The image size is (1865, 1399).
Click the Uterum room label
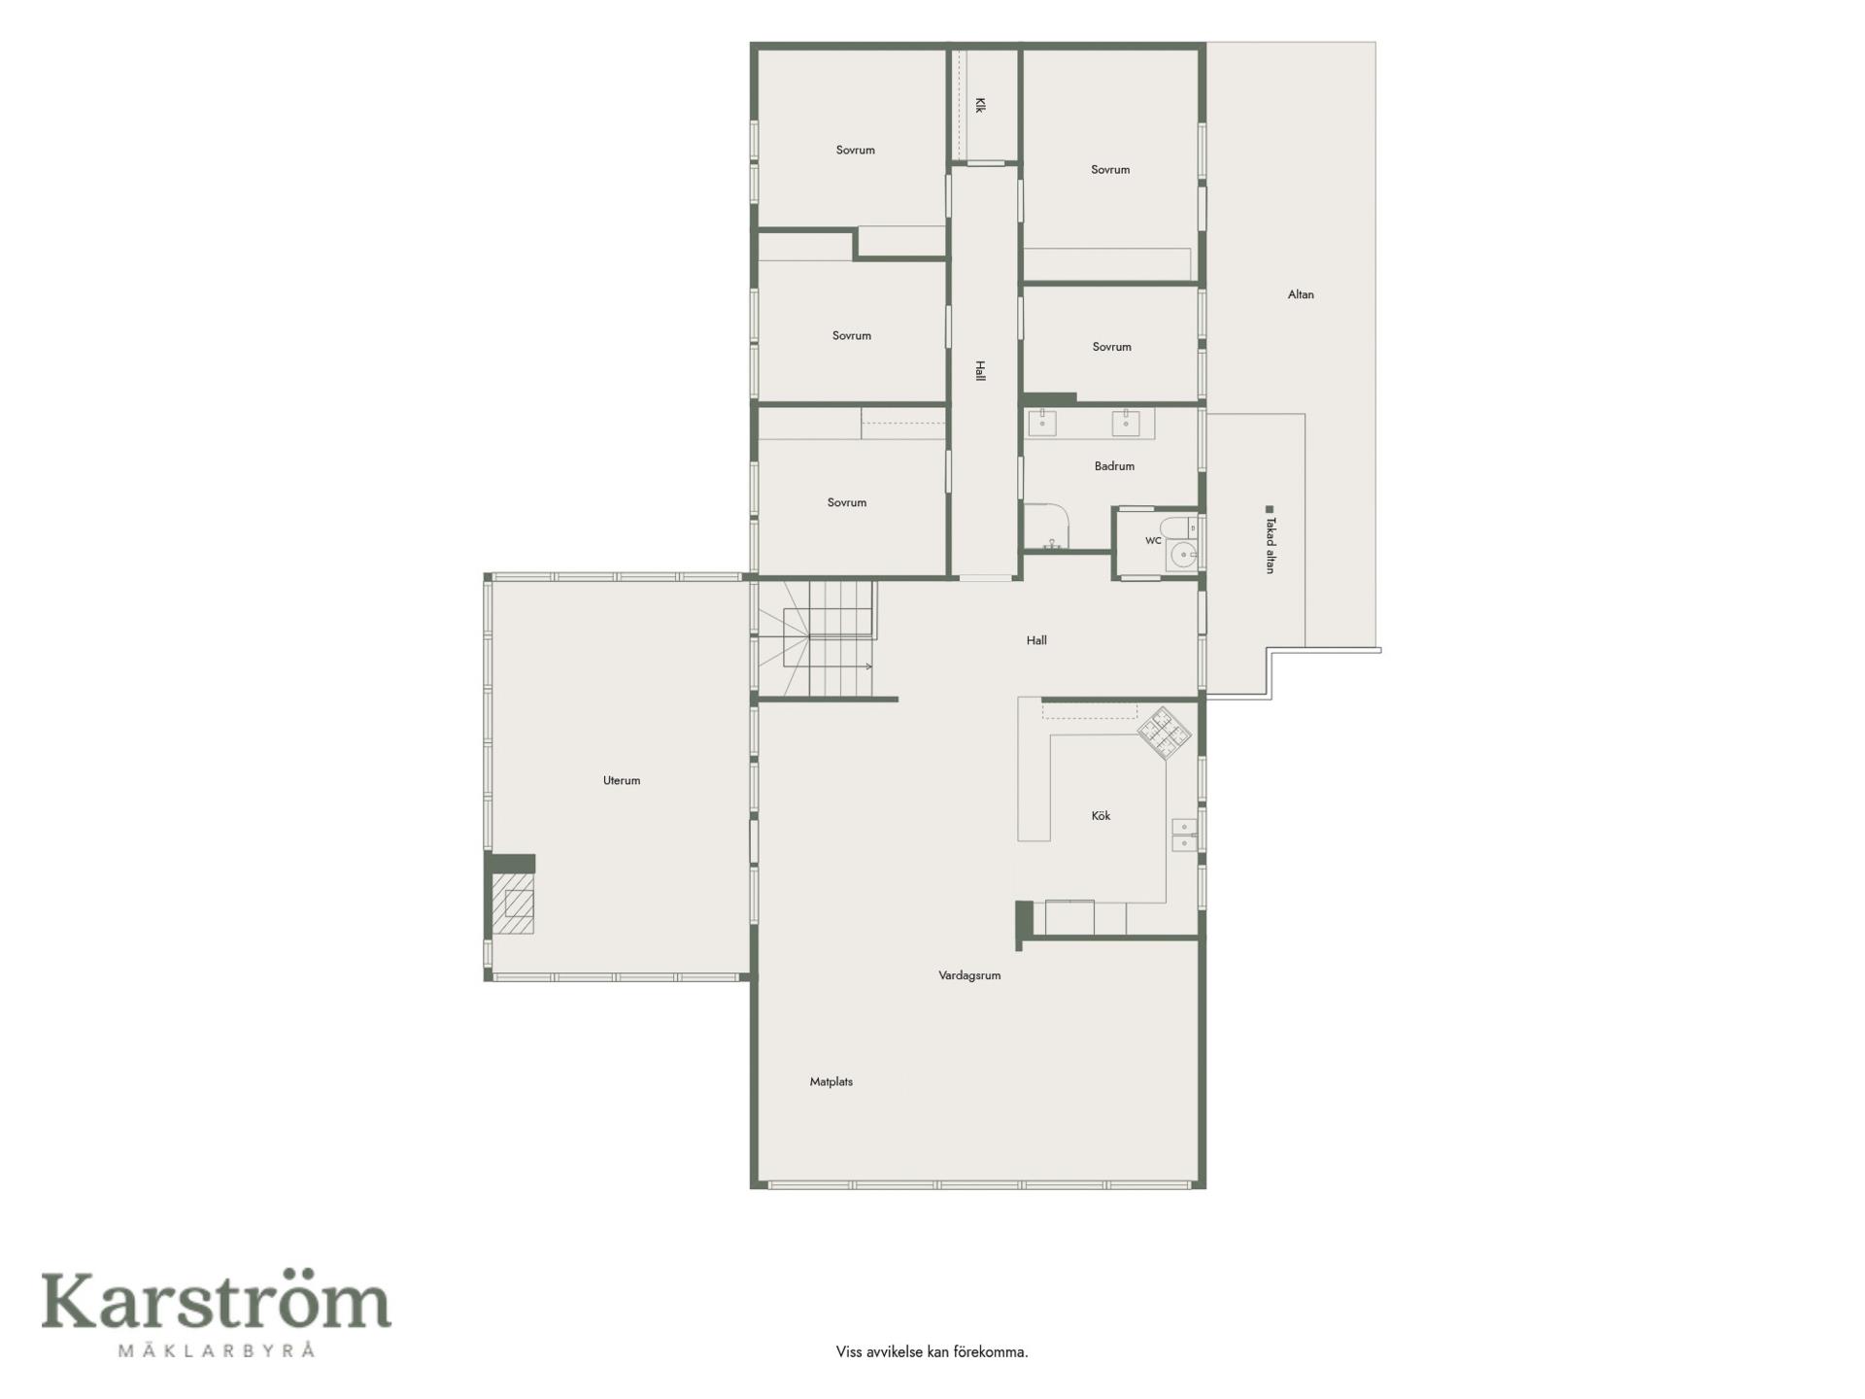pos(622,780)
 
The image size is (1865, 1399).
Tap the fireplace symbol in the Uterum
pos(513,904)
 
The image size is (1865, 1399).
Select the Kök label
pos(1101,816)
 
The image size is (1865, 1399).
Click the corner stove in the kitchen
pos(1164,733)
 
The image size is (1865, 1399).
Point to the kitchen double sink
pos(1184,835)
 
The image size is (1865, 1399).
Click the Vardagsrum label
pos(969,975)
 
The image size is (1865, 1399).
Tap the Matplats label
pos(831,1081)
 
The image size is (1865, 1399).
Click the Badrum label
pos(1114,466)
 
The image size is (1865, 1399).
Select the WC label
pos(1153,541)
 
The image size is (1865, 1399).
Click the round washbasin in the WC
pos(1184,555)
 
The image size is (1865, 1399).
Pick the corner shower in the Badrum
pos(1047,528)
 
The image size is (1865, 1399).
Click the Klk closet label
pos(980,105)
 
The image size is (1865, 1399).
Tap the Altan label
pos(1301,294)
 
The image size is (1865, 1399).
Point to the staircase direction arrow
pos(841,666)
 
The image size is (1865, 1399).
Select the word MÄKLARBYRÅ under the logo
pos(217,1350)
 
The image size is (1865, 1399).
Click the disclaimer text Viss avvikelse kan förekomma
pos(932,1351)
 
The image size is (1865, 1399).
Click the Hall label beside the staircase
pos(1036,640)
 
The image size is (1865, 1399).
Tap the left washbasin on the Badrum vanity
pos(1042,423)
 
